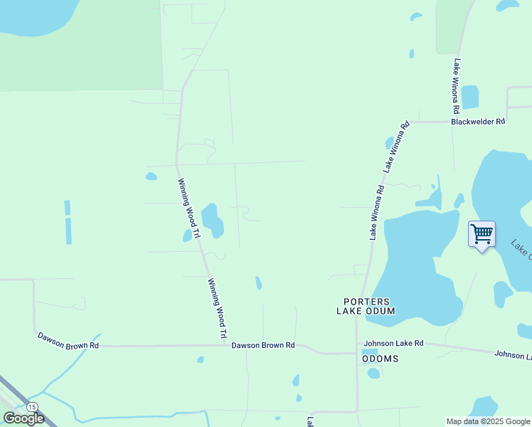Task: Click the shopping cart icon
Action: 482,234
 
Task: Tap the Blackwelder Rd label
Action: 478,122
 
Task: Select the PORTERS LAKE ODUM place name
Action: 366,306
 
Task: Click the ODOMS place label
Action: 381,359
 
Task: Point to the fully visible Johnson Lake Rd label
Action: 394,343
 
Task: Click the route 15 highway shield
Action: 31,406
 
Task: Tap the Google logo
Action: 23,418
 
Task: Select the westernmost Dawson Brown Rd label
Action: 68,339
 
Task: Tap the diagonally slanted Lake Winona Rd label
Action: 397,147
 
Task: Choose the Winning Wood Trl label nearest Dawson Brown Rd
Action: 217,308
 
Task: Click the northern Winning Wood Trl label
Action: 189,208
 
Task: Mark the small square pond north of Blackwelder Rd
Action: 469,97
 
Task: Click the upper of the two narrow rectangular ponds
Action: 68,208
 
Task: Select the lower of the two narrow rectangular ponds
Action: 68,231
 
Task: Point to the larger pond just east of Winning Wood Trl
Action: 212,219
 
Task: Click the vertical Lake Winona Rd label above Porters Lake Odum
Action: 377,212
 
